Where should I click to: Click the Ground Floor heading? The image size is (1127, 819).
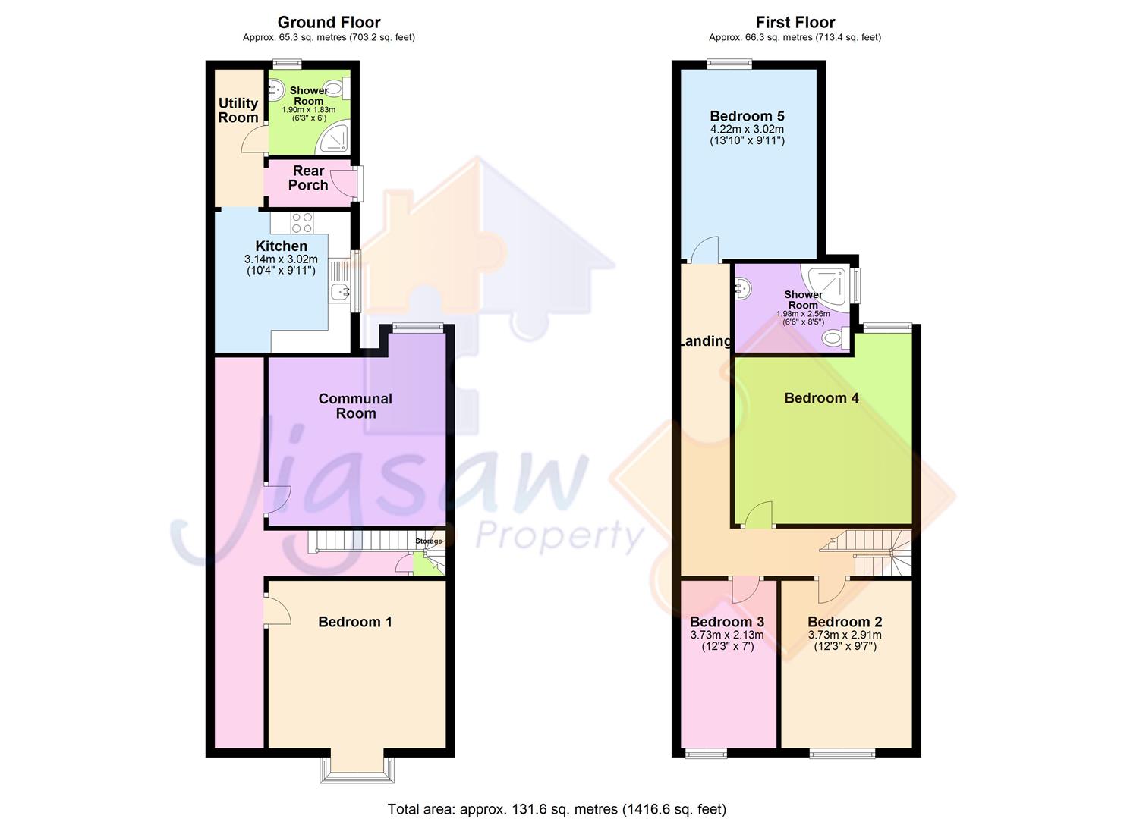click(x=329, y=22)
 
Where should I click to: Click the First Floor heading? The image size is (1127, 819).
click(x=795, y=22)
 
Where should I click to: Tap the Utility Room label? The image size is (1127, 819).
click(x=238, y=110)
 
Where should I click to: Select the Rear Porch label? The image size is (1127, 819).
click(x=308, y=177)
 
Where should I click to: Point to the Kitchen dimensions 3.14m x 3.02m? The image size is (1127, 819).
click(x=281, y=259)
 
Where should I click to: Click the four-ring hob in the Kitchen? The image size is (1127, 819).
click(x=302, y=222)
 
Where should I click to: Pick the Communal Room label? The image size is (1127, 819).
click(x=355, y=406)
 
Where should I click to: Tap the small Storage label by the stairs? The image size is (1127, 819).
click(x=428, y=541)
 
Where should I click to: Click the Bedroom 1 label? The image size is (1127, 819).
click(x=355, y=622)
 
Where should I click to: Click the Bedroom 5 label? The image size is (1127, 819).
click(x=747, y=116)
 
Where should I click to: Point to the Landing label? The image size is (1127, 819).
click(x=706, y=341)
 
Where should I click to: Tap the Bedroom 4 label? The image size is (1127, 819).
click(x=821, y=398)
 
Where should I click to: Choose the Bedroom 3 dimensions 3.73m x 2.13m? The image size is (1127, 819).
click(x=726, y=635)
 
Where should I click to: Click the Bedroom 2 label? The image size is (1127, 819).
click(x=844, y=622)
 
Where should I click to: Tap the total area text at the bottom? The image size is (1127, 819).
click(x=556, y=809)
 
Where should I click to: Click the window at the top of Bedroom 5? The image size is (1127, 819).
click(x=730, y=64)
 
